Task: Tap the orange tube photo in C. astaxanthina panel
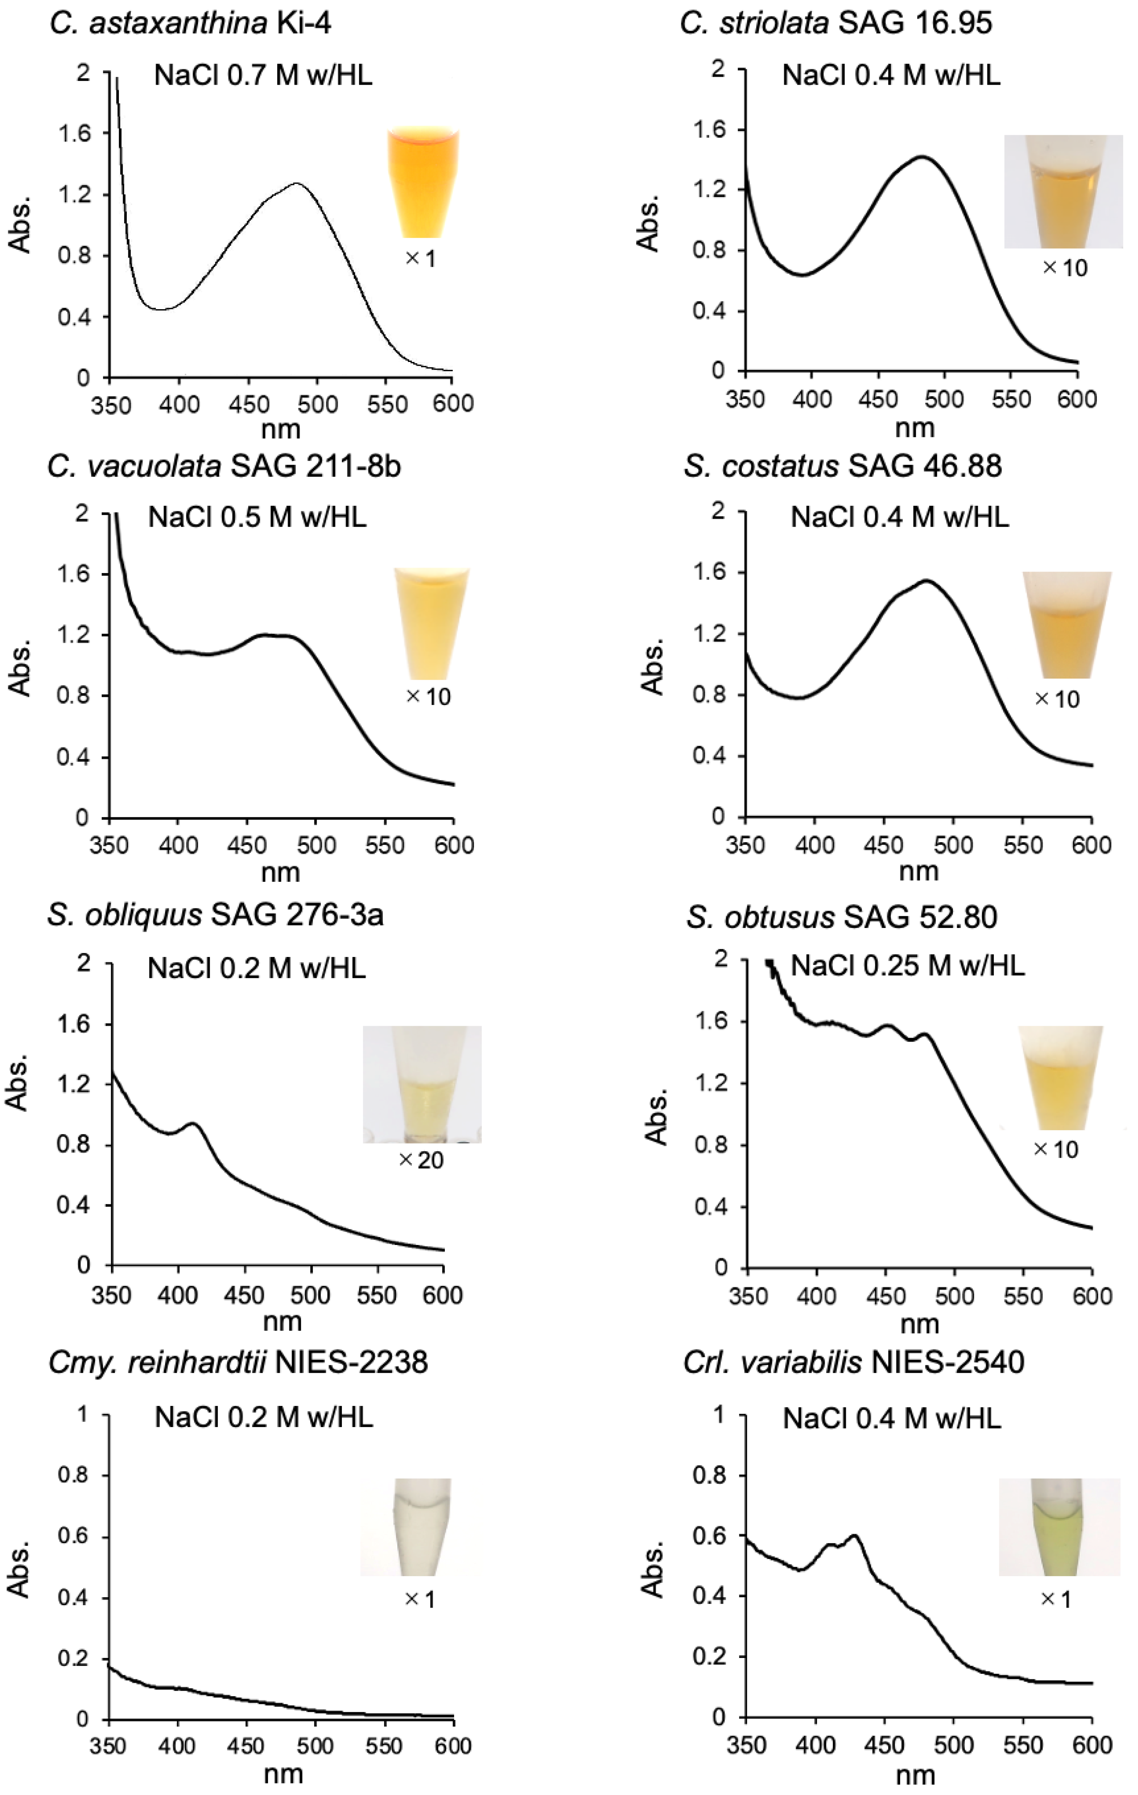(423, 182)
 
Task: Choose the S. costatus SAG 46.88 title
(842, 467)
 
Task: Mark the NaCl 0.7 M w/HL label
(263, 75)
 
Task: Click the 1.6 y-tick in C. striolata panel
(709, 130)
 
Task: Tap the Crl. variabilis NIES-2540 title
(853, 1363)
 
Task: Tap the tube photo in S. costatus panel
(1066, 625)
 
